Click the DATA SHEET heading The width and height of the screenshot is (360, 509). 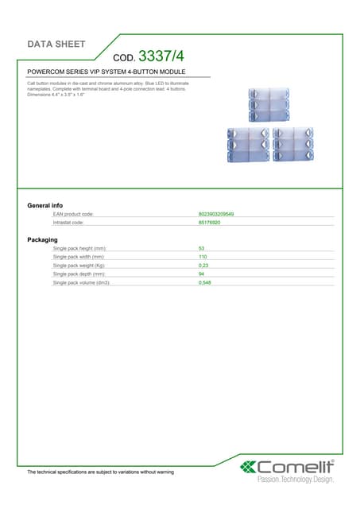[x=56, y=44]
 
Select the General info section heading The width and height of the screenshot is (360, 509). [x=45, y=206]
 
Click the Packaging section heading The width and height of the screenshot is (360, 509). [x=42, y=239]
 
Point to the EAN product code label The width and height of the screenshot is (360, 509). [x=73, y=215]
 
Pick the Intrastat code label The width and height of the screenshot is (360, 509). [x=68, y=223]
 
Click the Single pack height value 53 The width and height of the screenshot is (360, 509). [x=202, y=249]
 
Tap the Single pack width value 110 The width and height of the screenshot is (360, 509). [x=203, y=257]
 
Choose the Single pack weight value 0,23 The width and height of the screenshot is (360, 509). [x=204, y=266]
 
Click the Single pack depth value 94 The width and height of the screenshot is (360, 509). [x=202, y=274]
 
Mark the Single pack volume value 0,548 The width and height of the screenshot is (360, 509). [x=205, y=282]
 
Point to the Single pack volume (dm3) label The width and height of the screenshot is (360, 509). [x=81, y=282]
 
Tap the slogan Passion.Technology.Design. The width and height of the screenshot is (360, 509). [x=296, y=480]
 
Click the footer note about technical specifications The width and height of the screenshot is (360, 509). [x=100, y=472]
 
